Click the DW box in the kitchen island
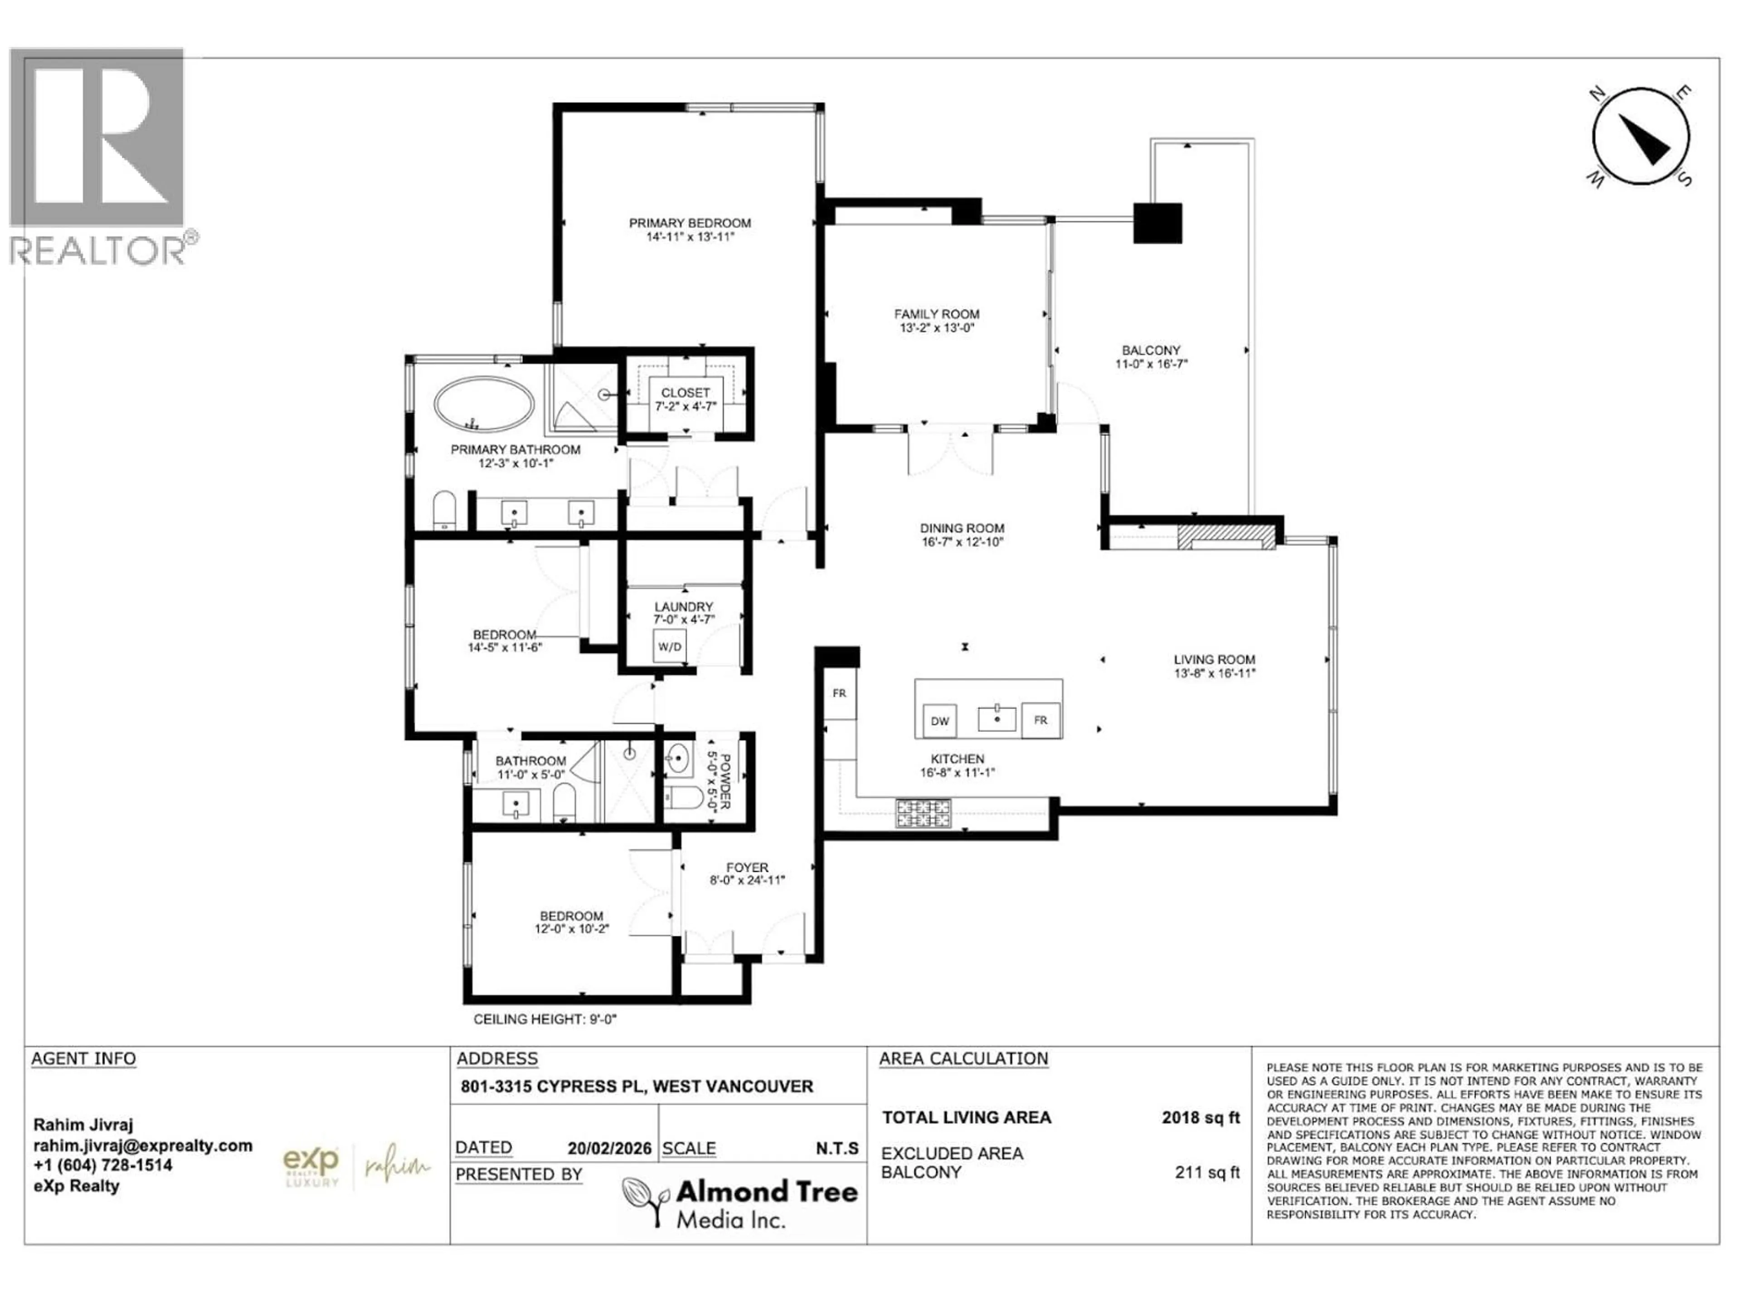click(x=939, y=721)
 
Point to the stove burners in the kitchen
click(x=923, y=814)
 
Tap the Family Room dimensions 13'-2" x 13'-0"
click(x=937, y=328)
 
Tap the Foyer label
click(x=747, y=867)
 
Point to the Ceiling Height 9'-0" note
click(x=545, y=1019)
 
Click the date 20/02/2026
click(x=609, y=1149)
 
